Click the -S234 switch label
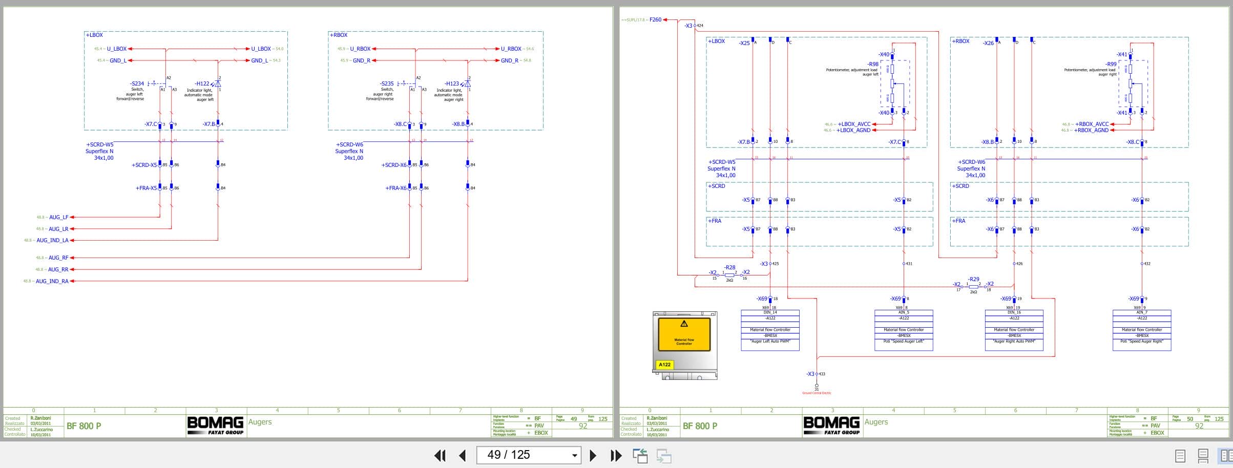pos(137,83)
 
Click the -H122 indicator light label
pos(202,83)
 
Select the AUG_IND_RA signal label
pos(52,281)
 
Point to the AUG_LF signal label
pos(58,217)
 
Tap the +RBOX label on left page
pos(339,35)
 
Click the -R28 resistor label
pos(729,268)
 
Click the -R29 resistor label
pos(973,280)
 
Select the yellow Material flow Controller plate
pos(684,334)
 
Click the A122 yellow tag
pos(664,365)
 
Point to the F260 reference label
pos(655,20)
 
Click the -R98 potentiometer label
pos(873,65)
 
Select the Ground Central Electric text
pos(817,393)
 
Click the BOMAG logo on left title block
pos(215,425)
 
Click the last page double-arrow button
pos(616,455)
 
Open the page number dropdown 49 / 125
pos(574,455)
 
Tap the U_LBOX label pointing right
pos(261,49)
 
